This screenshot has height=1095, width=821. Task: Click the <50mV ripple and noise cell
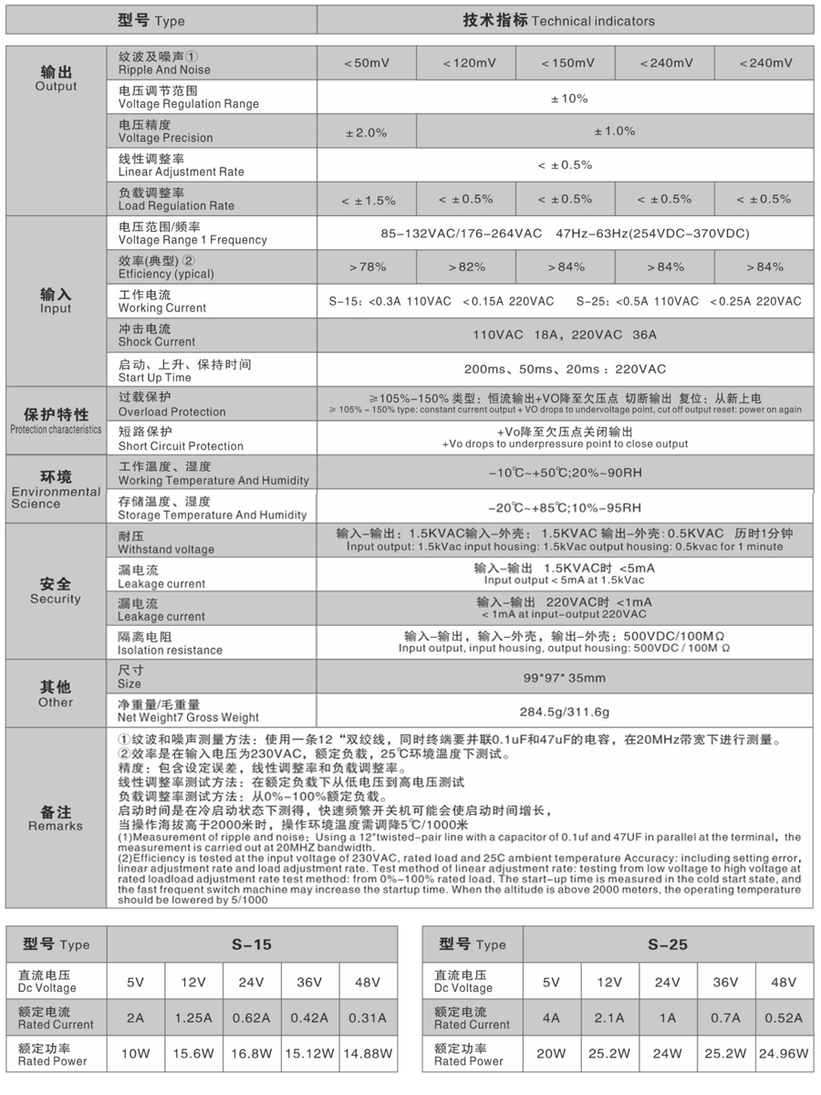pyautogui.click(x=367, y=63)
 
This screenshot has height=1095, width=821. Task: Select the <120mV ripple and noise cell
pyautogui.click(x=466, y=63)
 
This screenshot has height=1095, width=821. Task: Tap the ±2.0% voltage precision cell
pyautogui.click(x=367, y=131)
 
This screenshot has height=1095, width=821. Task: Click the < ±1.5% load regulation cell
pyautogui.click(x=367, y=199)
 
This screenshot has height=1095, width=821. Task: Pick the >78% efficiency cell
pyautogui.click(x=367, y=267)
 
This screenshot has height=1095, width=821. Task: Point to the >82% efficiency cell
pyautogui.click(x=466, y=267)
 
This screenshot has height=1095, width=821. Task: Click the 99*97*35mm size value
pyautogui.click(x=565, y=678)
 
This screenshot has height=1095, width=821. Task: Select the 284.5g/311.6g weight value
pyautogui.click(x=565, y=712)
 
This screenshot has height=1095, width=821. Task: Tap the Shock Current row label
pyautogui.click(x=157, y=335)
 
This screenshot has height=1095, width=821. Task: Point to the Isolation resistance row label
pyautogui.click(x=171, y=643)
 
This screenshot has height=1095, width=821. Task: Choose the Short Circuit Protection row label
pyautogui.click(x=181, y=439)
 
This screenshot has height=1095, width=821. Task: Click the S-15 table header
pyautogui.click(x=252, y=945)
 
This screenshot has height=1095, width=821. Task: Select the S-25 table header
pyautogui.click(x=668, y=945)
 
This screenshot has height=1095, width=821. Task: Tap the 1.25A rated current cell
pyautogui.click(x=193, y=1017)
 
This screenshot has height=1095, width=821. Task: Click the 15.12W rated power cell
pyautogui.click(x=309, y=1053)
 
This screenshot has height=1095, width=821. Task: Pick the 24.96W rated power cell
pyautogui.click(x=783, y=1053)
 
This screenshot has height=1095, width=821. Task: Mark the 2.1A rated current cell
pyautogui.click(x=609, y=1017)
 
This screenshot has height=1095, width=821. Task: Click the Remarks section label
pyautogui.click(x=56, y=819)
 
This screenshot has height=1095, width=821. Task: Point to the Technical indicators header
pyautogui.click(x=565, y=20)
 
